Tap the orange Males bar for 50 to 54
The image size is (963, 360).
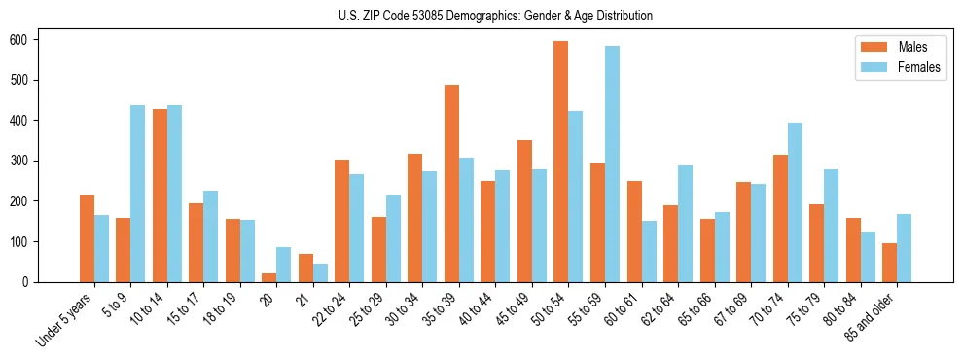click(x=561, y=162)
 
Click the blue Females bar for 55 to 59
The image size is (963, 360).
click(x=612, y=163)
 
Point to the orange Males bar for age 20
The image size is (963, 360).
click(x=269, y=277)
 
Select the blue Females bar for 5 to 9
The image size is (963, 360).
click(x=138, y=194)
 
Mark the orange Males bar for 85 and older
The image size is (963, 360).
click(x=889, y=263)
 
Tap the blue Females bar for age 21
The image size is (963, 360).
click(x=320, y=272)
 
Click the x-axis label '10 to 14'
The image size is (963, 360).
click(x=151, y=307)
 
